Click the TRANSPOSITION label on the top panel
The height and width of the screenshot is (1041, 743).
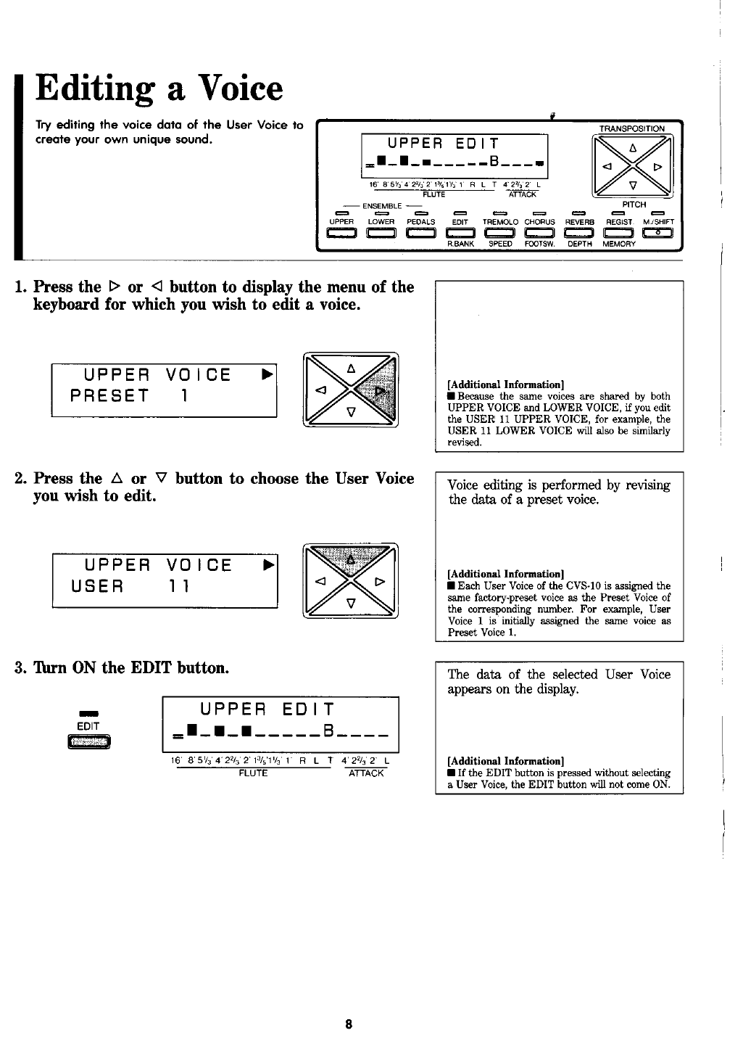631,129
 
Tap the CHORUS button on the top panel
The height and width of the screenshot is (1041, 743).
539,232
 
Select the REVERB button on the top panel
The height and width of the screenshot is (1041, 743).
579,232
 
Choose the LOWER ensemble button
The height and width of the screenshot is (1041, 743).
381,232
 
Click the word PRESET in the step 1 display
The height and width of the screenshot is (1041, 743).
109,396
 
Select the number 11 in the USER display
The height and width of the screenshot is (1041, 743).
180,585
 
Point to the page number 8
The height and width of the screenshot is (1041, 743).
349,1024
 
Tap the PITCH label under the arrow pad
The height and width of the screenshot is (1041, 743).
634,205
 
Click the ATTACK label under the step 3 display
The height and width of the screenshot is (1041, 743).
366,773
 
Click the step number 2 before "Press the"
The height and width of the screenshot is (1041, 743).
20,479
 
